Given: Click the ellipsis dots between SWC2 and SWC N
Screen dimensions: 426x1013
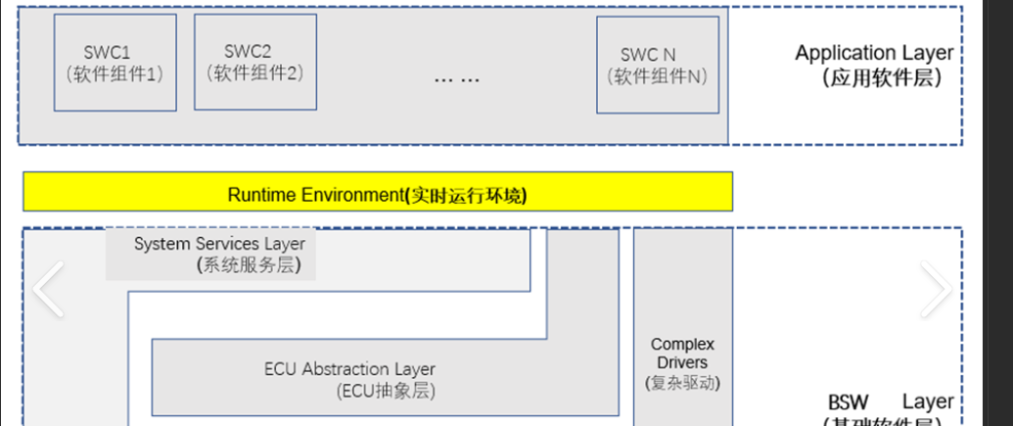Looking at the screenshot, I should pos(456,77).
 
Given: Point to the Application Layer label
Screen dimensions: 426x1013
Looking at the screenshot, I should pos(873,53).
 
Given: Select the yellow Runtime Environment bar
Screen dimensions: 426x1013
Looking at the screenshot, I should pos(377,193).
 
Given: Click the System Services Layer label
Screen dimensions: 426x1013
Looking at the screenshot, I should pos(219,243).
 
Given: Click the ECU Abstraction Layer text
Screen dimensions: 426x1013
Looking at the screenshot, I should pos(349,369).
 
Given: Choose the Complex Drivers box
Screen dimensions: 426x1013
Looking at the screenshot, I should pos(682,323).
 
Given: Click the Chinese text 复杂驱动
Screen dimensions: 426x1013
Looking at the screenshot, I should pos(682,382).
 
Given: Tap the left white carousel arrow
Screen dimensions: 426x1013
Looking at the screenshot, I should pos(48,288).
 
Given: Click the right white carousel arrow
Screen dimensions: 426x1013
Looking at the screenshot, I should pos(935,288).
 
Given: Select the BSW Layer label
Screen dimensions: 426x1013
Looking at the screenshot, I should pos(890,402).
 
